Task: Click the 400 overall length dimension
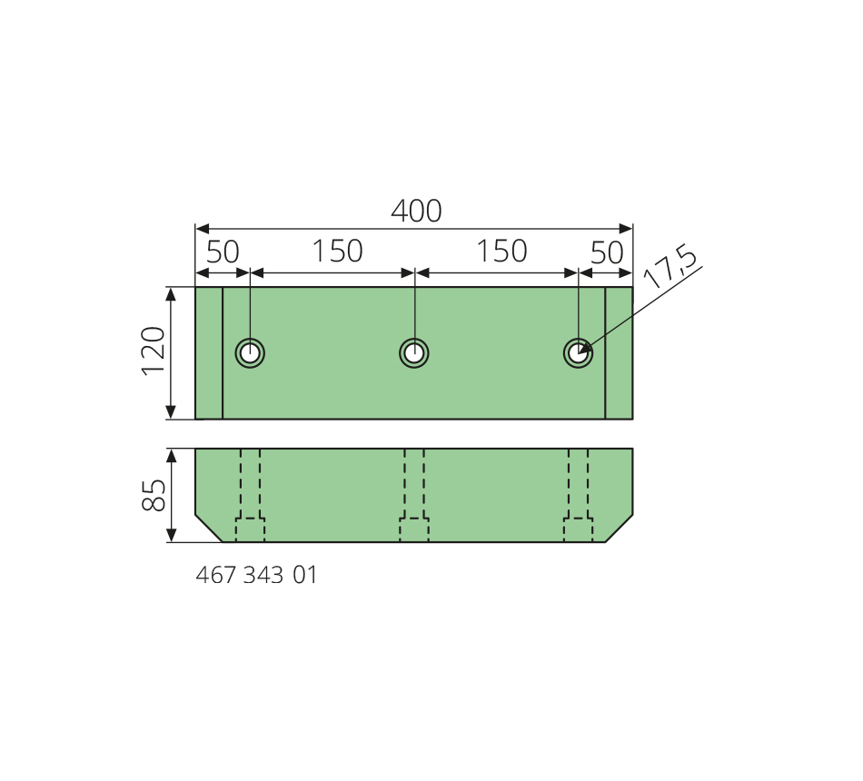point(416,211)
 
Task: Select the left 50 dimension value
point(223,252)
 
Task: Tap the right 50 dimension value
point(607,252)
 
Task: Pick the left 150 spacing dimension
point(337,251)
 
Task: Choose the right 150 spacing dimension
point(501,251)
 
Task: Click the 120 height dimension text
point(154,351)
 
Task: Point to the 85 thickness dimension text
point(154,495)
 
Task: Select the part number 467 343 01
point(256,575)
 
